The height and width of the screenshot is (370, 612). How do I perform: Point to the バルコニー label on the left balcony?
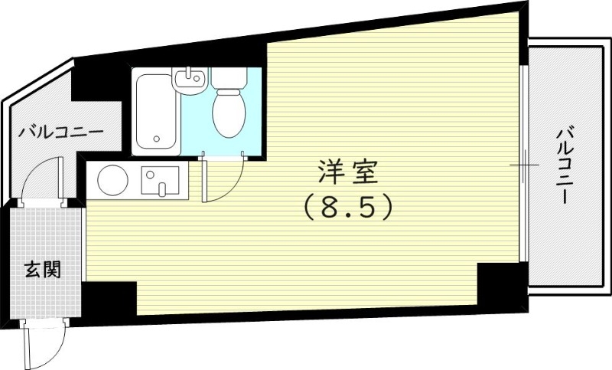(x=61, y=132)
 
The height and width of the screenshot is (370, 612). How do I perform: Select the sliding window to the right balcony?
(x=524, y=165)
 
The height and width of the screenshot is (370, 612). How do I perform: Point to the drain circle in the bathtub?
(x=156, y=140)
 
